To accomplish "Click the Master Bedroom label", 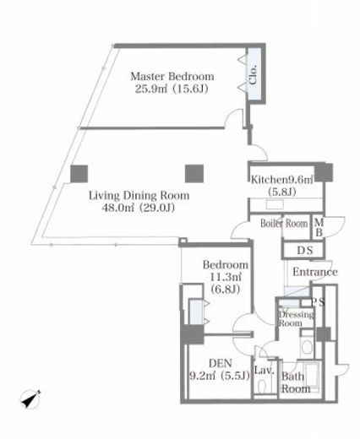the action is point(172,76).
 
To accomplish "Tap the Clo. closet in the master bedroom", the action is point(254,73).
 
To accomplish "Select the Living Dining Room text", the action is point(139,195).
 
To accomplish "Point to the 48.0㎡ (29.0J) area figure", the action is point(138,208).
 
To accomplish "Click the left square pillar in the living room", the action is point(79,174).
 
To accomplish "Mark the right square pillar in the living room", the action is point(194,174).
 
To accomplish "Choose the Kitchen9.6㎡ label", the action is point(282,180).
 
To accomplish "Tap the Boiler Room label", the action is point(284,224).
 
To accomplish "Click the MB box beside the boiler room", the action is point(319,227).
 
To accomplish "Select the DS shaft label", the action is point(305,251).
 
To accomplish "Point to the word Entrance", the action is point(315,272).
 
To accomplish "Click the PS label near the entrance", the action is point(318,302).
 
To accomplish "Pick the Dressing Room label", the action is point(296,318).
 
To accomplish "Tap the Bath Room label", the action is point(296,382).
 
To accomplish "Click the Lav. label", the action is point(265,370).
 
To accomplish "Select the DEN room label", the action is point(221,363).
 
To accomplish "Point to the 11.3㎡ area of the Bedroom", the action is point(226,277).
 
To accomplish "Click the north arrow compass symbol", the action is point(30,399).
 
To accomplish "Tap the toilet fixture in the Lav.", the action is point(263,387).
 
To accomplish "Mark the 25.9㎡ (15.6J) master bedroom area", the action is point(172,89).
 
